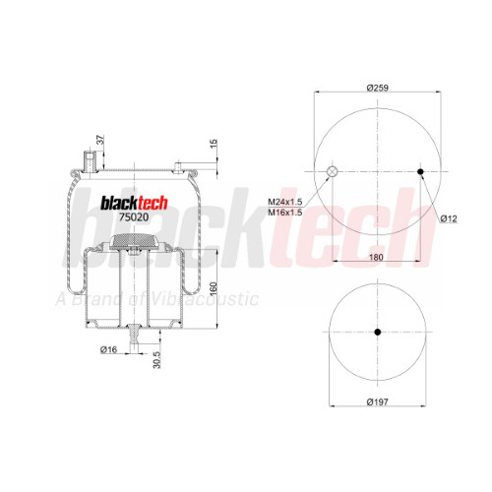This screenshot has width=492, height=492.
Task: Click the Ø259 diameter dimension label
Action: pyautogui.click(x=378, y=88)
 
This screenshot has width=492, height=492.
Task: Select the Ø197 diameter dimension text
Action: pyautogui.click(x=378, y=401)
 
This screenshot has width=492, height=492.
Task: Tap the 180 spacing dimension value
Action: pyautogui.click(x=376, y=257)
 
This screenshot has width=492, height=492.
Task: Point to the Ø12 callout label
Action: pyautogui.click(x=449, y=218)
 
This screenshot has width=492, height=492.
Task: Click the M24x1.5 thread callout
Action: pyautogui.click(x=285, y=202)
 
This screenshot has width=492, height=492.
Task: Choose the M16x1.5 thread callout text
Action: pyautogui.click(x=285, y=213)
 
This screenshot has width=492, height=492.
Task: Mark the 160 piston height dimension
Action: pyautogui.click(x=214, y=288)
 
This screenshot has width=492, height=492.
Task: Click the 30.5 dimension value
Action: pyautogui.click(x=156, y=360)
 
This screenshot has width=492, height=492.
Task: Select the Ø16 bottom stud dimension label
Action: pyautogui.click(x=108, y=349)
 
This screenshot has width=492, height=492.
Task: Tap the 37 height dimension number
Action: pyautogui.click(x=100, y=140)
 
